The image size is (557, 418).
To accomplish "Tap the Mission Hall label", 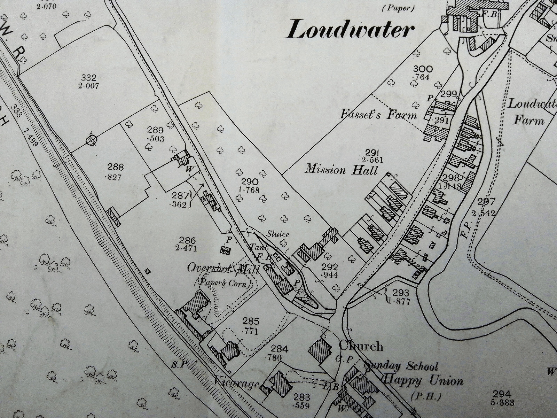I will pos(342,170).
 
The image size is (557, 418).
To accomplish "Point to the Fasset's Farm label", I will pos(379,114).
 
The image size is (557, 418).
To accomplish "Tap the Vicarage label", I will pos(236,384).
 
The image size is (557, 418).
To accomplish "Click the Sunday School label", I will pos(400,366).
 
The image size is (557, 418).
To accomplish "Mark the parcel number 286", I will pos(188,240).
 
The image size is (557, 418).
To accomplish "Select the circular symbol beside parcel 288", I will pos(92,140).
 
